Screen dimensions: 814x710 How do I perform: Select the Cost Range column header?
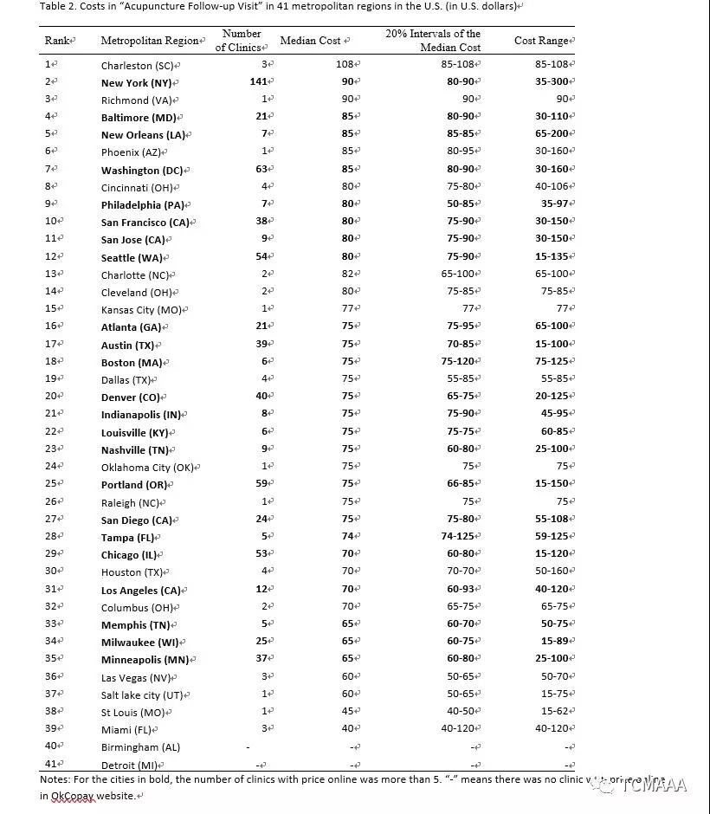coord(543,41)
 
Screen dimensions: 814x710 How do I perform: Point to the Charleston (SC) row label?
coord(138,65)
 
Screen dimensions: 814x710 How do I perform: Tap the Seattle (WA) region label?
coord(131,258)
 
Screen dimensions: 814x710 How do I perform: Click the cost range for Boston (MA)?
coord(552,362)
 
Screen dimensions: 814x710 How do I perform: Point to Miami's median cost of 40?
coord(350,729)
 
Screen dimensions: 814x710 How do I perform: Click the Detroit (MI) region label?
coord(130,765)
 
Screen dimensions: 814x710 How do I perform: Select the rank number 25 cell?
coord(50,484)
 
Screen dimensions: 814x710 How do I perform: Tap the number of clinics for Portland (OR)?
coord(261,484)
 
